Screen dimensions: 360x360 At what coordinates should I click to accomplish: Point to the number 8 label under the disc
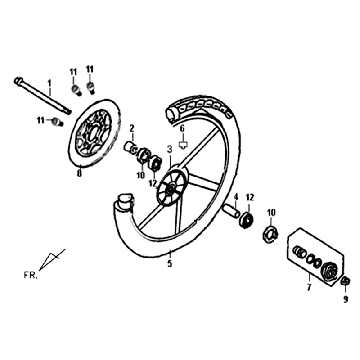pos(79,174)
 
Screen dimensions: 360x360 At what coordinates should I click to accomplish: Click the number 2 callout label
pos(131,128)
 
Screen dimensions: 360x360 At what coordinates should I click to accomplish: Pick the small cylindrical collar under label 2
pos(130,149)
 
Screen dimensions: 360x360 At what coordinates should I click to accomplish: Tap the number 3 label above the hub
pos(170,148)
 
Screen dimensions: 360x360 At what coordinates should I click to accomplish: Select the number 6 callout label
pos(183,128)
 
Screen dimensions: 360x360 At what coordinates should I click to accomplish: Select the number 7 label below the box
pos(308,286)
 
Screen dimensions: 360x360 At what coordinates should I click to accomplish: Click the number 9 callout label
pos(345,297)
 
